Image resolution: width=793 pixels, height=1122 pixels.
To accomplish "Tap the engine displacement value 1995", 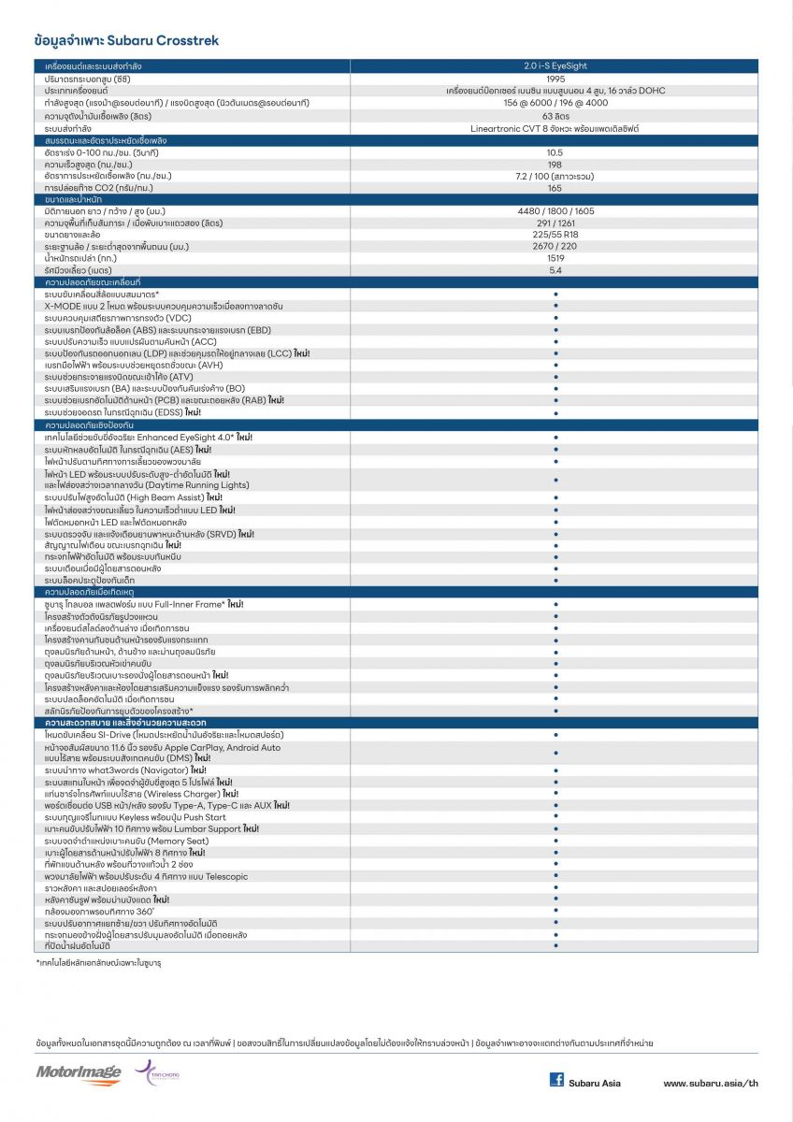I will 555,79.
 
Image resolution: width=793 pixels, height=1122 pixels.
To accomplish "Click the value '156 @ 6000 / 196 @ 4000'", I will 555,103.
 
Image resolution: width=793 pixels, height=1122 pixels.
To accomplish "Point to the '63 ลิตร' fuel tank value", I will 555,115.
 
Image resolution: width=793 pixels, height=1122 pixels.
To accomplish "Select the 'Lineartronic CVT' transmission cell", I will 555,128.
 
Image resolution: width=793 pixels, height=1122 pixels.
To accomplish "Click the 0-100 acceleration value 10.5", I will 555,152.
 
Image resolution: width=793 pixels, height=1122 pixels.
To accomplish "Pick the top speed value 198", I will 555,164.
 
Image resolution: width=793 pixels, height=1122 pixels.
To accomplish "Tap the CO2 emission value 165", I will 555,188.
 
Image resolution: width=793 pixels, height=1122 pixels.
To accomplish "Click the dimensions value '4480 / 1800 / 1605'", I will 555,211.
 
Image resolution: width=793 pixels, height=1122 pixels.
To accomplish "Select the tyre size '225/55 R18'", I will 555,235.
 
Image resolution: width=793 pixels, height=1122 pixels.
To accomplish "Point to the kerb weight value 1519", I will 555,258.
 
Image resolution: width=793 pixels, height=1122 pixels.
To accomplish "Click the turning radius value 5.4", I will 555,270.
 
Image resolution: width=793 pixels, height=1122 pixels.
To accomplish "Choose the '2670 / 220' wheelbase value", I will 555,247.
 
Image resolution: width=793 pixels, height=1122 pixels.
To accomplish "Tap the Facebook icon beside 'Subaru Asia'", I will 556,1080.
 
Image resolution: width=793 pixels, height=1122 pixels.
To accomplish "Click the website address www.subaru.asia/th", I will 710,1084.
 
